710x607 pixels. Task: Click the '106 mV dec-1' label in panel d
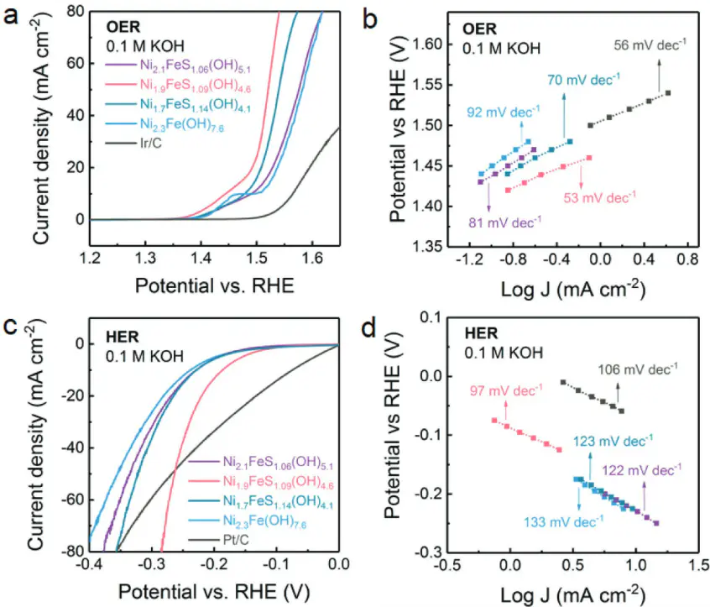[637, 369]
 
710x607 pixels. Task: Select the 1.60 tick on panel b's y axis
[436, 44]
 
